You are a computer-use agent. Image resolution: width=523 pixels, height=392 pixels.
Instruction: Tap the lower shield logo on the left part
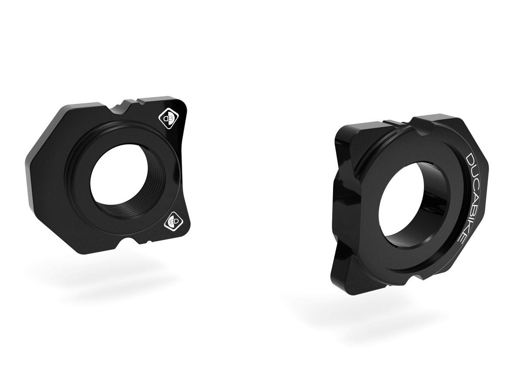click(x=171, y=222)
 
